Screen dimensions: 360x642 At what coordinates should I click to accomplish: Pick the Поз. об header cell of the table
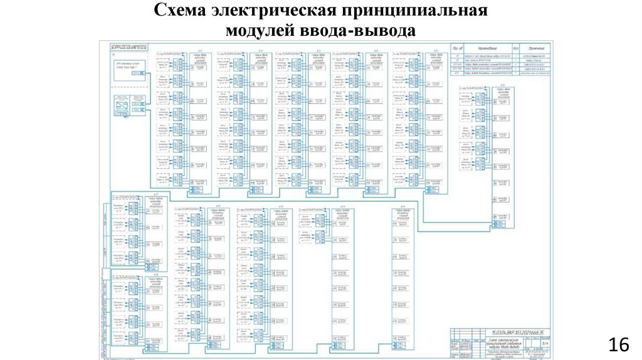click(457, 48)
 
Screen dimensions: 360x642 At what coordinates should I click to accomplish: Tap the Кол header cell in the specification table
click(515, 48)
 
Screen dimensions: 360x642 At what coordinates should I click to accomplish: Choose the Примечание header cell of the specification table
click(537, 48)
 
